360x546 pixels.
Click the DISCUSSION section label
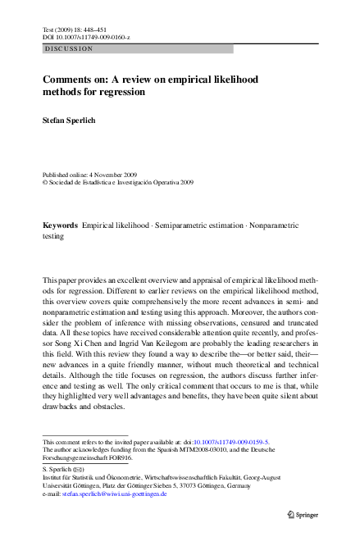coord(69,49)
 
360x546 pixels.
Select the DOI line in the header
coord(80,37)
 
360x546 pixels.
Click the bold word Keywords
coord(60,225)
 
